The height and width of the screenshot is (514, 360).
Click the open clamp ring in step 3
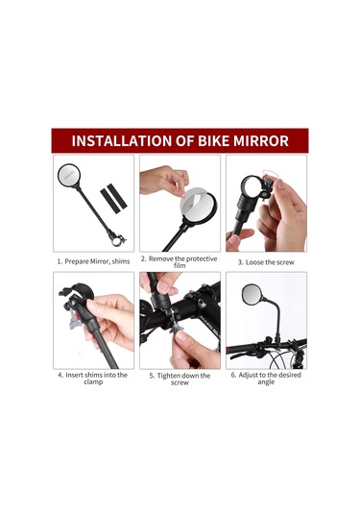[251, 185]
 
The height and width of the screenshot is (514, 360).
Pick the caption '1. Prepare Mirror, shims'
[93, 259]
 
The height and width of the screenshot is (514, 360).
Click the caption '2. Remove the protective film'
[179, 262]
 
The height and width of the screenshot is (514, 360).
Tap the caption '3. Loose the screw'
[266, 260]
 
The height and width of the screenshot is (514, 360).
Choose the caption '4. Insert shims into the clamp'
[93, 379]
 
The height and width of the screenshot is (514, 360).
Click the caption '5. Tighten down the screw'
[180, 379]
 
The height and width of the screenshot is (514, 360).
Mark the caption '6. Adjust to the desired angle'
[266, 379]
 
